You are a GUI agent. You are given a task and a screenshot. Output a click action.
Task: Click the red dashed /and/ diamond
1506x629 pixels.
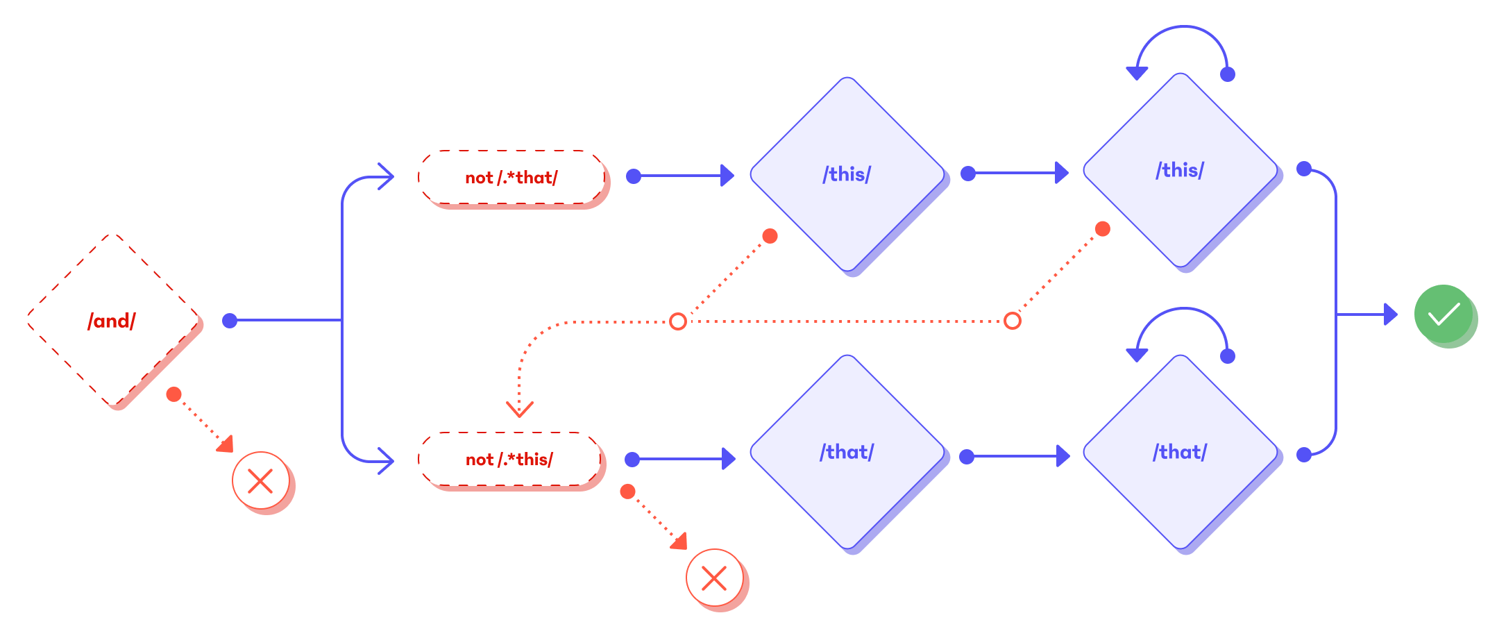[x=112, y=320]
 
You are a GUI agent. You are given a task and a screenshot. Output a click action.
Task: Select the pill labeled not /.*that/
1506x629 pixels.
[x=511, y=177]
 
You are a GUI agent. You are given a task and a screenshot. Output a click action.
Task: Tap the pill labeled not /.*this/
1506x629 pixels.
[x=510, y=459]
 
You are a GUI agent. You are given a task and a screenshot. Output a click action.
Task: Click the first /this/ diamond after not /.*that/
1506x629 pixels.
[x=847, y=174]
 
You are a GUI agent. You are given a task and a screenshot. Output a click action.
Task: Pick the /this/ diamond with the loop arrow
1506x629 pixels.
[x=1180, y=170]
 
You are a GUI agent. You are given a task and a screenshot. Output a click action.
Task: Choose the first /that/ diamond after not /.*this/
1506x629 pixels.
[x=847, y=452]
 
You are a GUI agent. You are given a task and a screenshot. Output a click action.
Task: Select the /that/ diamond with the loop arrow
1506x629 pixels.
[x=1180, y=452]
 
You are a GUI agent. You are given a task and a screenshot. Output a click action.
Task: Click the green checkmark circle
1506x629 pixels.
[x=1444, y=314]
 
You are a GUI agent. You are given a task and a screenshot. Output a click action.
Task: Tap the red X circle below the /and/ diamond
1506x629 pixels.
[x=260, y=480]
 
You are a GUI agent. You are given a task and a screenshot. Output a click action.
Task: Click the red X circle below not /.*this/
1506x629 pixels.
[x=714, y=578]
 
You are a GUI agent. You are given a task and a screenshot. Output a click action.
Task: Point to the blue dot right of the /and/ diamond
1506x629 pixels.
[x=230, y=321]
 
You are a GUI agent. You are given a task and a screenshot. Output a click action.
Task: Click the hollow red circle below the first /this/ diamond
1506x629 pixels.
[x=678, y=321]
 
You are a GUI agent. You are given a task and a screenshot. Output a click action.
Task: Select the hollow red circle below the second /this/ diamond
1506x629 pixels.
[x=1013, y=321]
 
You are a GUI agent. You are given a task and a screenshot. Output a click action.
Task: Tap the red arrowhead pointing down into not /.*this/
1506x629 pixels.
[x=519, y=408]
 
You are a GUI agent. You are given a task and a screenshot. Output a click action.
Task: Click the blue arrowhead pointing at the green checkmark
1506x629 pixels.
[x=1390, y=314]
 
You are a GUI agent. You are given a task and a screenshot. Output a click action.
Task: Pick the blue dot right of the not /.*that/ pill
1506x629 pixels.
[x=634, y=176]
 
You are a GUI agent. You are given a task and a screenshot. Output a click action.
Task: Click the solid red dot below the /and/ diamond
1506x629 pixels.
[x=174, y=394]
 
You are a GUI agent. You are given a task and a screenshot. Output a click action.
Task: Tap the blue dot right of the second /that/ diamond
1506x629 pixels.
[x=1304, y=455]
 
